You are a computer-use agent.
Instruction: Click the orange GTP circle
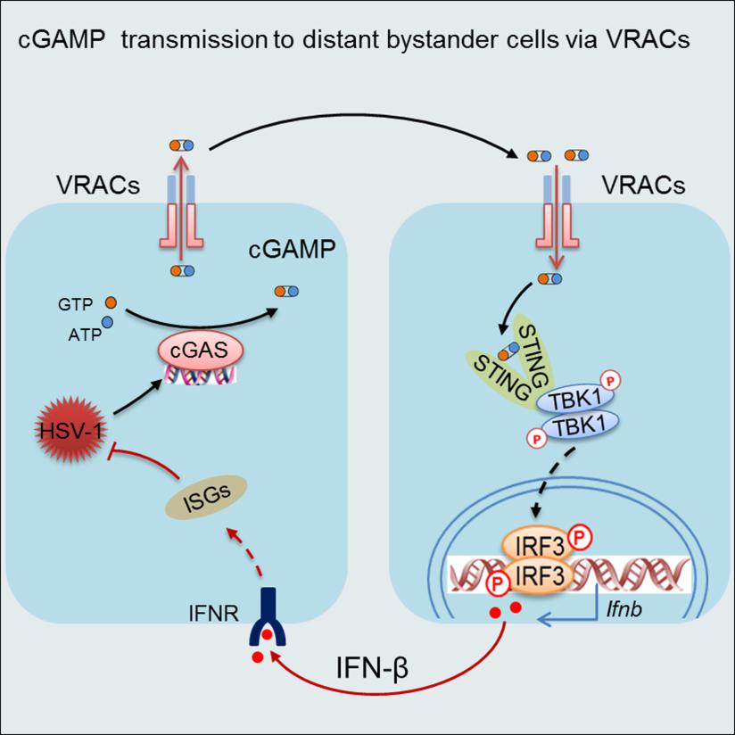111,303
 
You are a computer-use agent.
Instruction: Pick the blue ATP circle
106,322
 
